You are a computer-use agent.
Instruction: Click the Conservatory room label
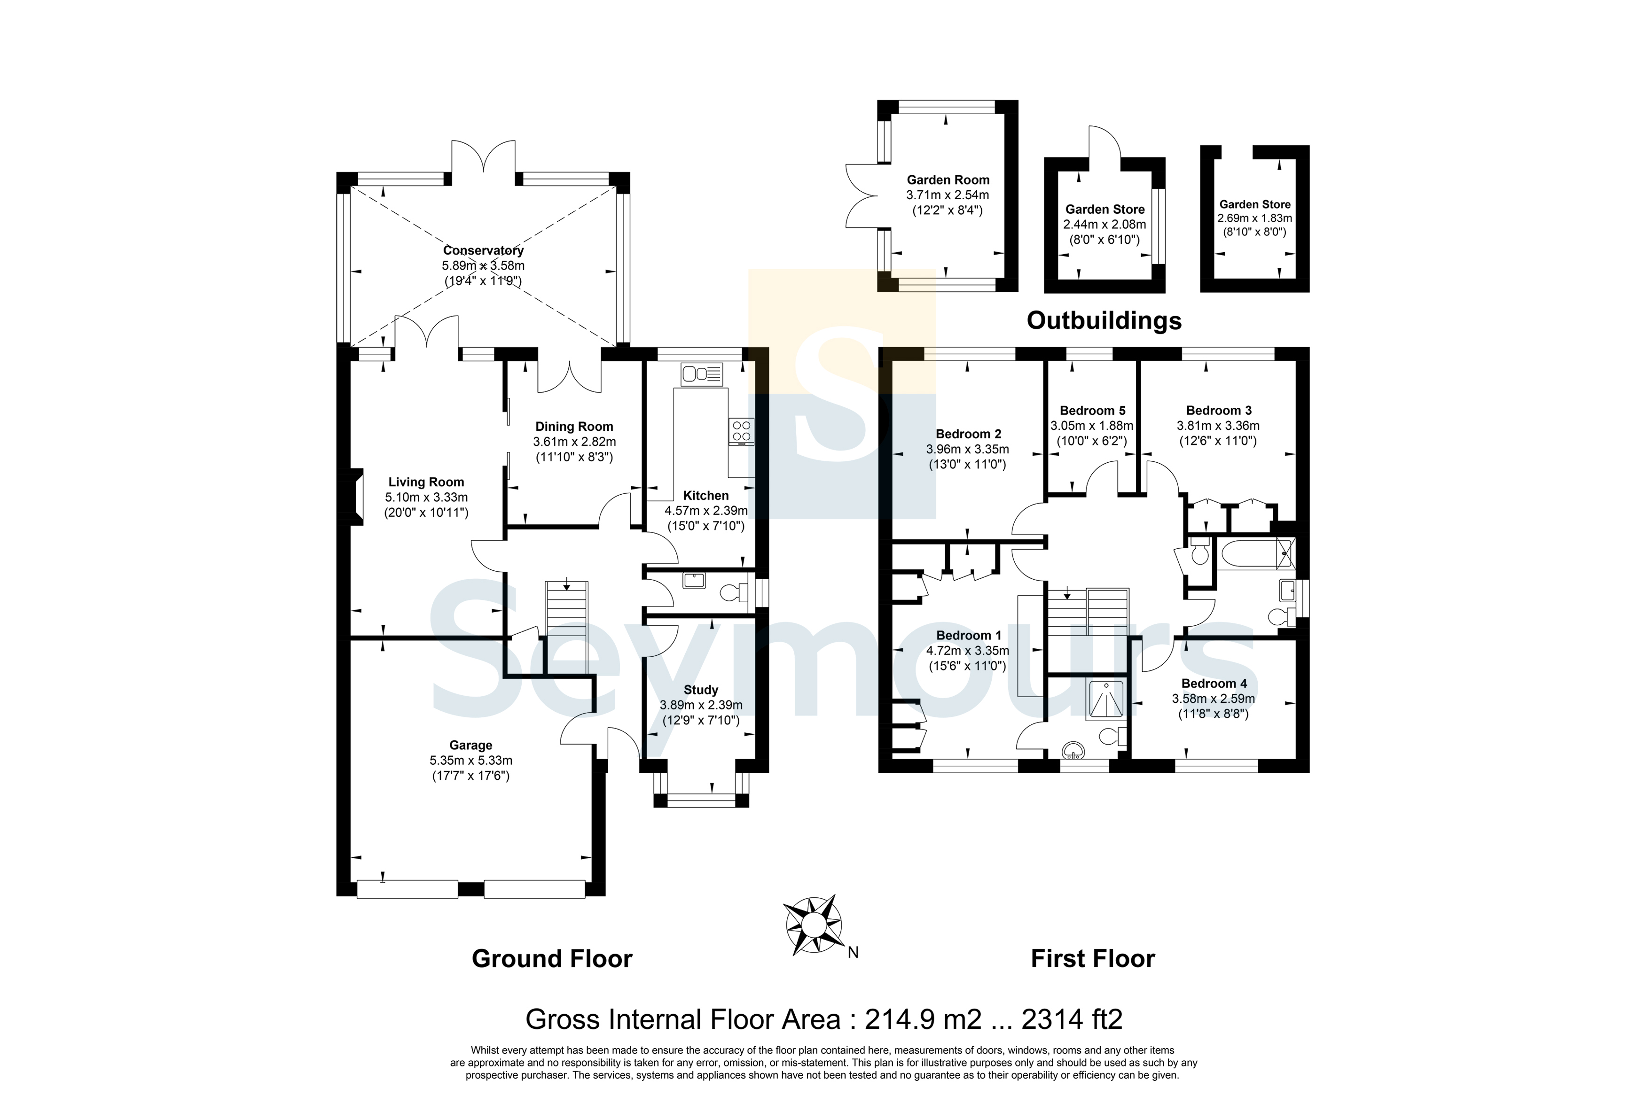tap(483, 250)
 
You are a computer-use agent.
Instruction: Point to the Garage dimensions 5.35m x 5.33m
tap(470, 761)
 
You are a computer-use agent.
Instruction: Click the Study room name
tap(700, 690)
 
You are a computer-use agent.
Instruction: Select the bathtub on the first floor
tap(1255, 553)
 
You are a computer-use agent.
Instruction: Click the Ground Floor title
tap(552, 958)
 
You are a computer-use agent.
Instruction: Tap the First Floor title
tap(1093, 958)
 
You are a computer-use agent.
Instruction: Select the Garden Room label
tap(948, 179)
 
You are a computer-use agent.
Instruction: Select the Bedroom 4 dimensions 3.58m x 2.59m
tap(1214, 698)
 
